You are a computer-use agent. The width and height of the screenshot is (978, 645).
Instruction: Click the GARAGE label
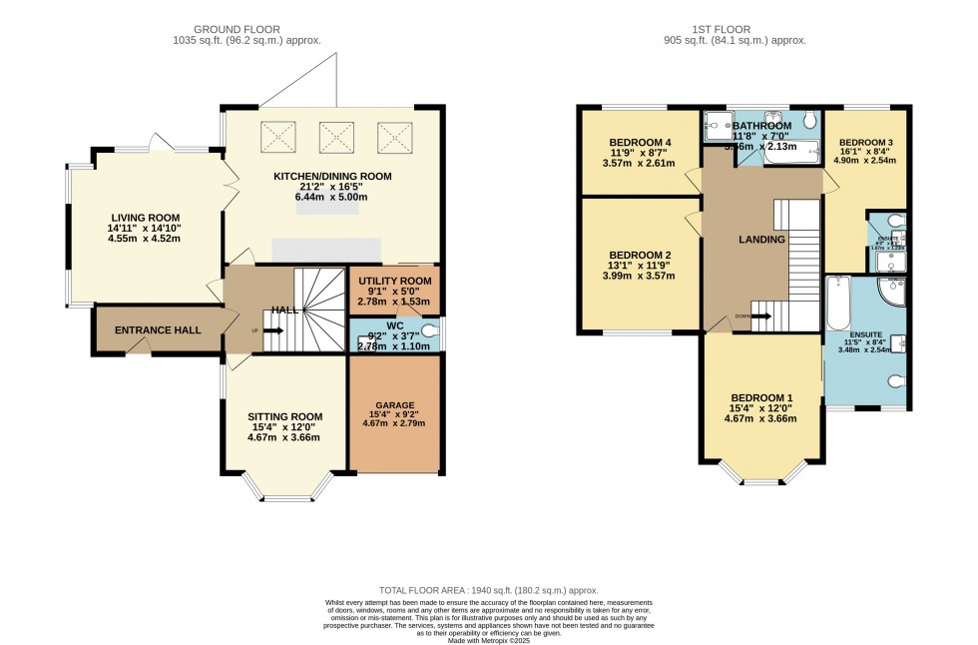tap(395, 404)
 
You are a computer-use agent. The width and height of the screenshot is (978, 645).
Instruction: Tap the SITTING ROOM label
tap(285, 416)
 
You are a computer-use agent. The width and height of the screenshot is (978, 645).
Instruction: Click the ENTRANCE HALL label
tap(158, 330)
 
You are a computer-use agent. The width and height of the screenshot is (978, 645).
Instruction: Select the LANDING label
tap(762, 240)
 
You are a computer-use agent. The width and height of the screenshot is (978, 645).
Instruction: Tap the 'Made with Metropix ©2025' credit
tap(489, 639)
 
